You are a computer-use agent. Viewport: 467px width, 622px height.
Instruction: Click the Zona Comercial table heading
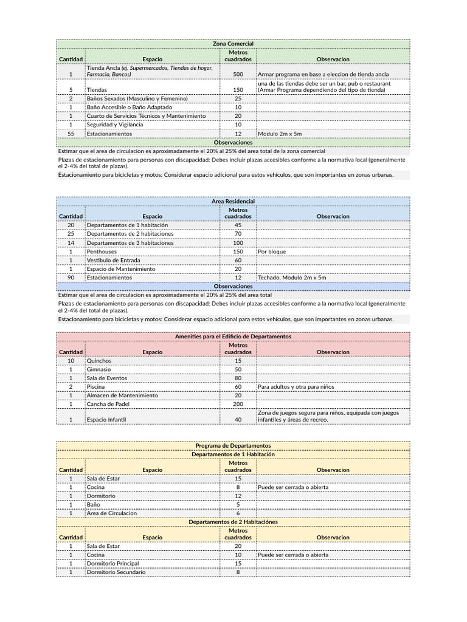[x=233, y=44]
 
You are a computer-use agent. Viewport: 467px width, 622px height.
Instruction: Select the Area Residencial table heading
[x=233, y=201]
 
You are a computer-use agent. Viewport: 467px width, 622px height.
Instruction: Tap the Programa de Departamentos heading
[x=233, y=445]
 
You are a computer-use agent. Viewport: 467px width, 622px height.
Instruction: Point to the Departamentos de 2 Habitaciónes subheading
[x=233, y=522]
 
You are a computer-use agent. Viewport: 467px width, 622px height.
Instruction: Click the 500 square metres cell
[x=238, y=74]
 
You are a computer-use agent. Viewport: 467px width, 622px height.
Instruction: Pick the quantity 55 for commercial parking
[x=71, y=133]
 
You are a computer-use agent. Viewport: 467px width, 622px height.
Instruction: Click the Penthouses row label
[x=102, y=251]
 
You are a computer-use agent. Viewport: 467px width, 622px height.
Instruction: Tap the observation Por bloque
[x=272, y=251]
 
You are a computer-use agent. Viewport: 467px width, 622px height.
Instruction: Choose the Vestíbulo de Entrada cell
[x=114, y=260]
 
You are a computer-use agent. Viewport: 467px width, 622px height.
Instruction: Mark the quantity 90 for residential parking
[x=71, y=277]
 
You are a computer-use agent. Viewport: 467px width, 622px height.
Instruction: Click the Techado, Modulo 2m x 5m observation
[x=292, y=277]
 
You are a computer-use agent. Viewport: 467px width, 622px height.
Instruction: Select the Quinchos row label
[x=100, y=360]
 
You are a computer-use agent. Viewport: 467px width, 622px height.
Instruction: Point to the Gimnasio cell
[x=99, y=369]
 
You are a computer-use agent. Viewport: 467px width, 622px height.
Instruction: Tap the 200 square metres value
[x=238, y=403]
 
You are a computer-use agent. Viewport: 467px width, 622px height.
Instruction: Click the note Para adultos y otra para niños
[x=296, y=386]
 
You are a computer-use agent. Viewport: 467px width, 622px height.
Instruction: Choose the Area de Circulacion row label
[x=112, y=513]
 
